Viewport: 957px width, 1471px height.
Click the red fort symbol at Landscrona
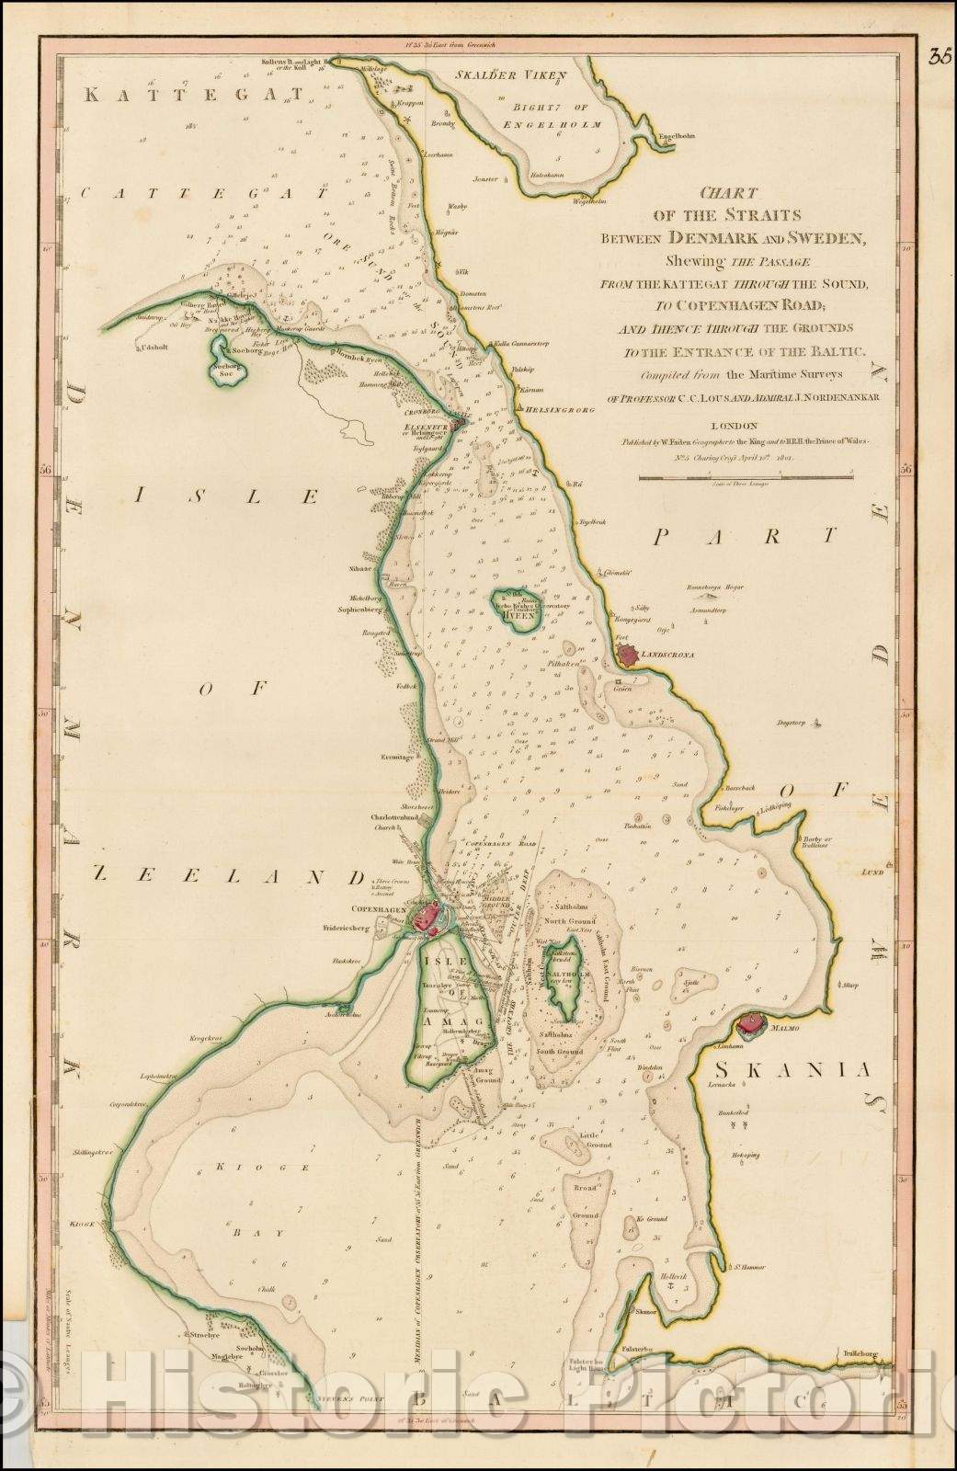click(x=629, y=655)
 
